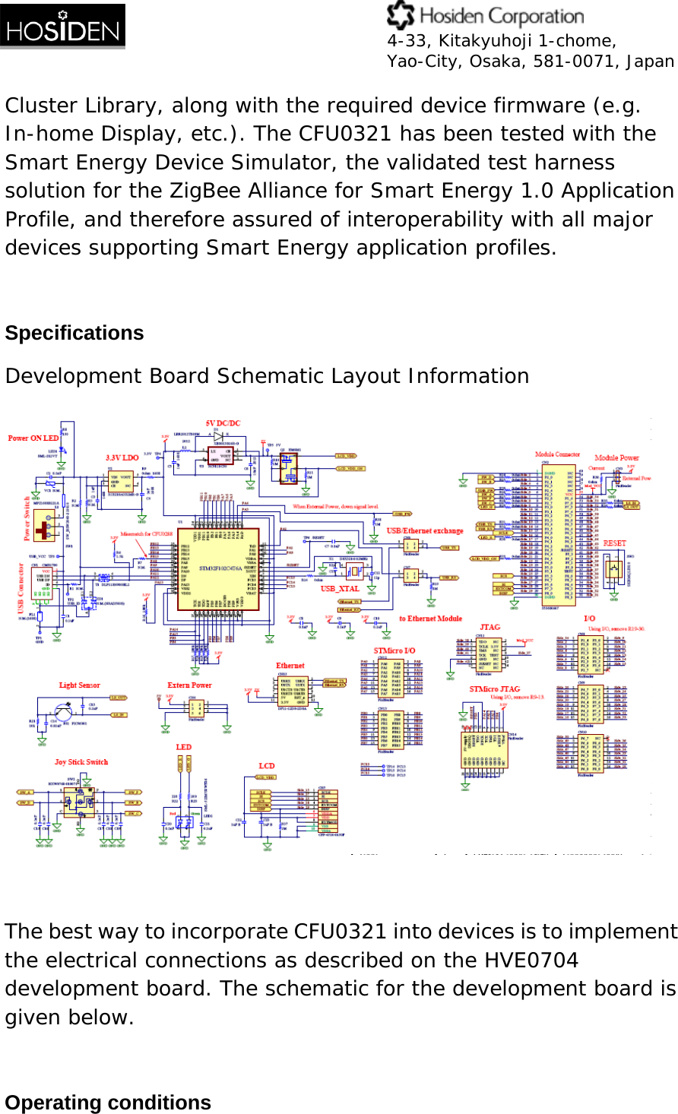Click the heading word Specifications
tap(74, 333)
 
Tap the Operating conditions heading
tap(108, 1102)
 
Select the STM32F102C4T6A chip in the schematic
tap(220, 568)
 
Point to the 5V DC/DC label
tap(223, 423)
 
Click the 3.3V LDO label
tap(122, 457)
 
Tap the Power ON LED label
tap(33, 438)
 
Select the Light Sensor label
tap(80, 685)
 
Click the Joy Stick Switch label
tap(81, 761)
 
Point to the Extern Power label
tap(189, 685)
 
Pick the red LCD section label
tap(266, 765)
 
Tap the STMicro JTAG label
tap(495, 689)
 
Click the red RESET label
tap(615, 543)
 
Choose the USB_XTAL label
tap(340, 589)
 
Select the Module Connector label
tap(557, 454)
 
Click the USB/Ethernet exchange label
tap(425, 530)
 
